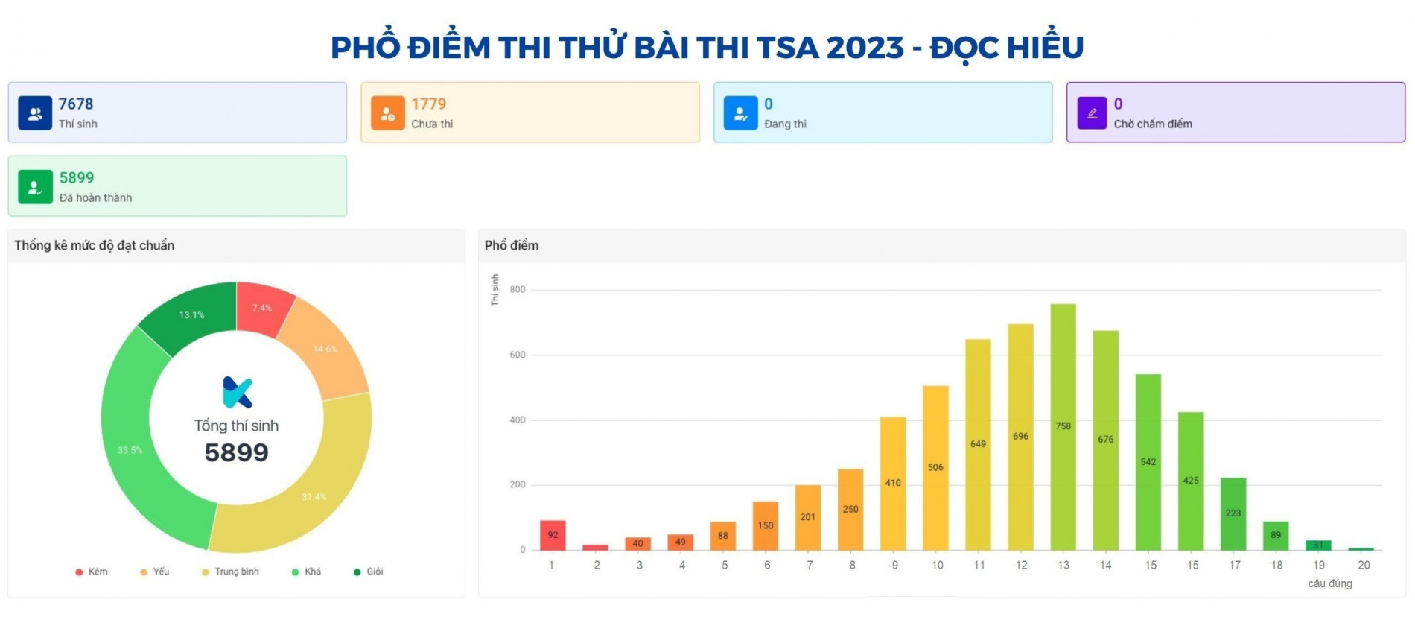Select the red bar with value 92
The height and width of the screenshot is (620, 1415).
[x=553, y=535]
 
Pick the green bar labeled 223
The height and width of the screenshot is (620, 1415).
[x=1233, y=513]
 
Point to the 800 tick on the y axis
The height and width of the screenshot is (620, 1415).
[x=518, y=290]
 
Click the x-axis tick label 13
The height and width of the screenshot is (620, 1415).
[x=1063, y=566]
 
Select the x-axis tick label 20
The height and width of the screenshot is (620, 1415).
[x=1363, y=566]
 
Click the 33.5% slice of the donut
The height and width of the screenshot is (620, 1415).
[x=130, y=449]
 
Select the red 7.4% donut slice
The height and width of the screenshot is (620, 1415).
[x=261, y=308]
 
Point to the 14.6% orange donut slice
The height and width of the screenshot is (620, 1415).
[x=325, y=349]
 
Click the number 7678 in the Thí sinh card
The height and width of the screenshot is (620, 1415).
[x=76, y=104]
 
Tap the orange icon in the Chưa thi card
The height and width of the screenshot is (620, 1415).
[x=387, y=113]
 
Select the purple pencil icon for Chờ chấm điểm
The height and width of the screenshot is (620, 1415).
[x=1092, y=113]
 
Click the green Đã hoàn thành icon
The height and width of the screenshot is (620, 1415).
[x=35, y=187]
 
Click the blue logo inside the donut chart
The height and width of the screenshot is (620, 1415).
[x=238, y=393]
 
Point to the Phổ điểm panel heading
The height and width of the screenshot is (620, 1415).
[x=512, y=245]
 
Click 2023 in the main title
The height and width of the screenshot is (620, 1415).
[x=865, y=48]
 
